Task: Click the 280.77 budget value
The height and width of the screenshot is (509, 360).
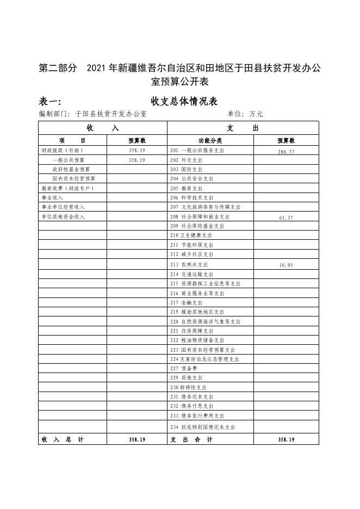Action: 285,152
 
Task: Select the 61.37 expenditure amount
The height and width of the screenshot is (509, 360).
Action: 285,218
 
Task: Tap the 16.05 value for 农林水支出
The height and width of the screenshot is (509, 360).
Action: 285,265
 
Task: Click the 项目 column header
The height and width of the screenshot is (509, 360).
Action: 73,140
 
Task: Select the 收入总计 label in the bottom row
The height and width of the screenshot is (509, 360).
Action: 63,439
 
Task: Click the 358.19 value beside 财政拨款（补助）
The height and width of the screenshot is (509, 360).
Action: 137,150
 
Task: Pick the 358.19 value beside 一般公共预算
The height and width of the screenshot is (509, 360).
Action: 137,160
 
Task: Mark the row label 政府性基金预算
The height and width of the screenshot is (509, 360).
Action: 71,169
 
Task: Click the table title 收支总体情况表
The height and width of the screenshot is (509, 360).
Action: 184,101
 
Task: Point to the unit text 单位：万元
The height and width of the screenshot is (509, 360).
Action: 245,115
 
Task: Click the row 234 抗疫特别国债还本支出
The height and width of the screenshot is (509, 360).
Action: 203,427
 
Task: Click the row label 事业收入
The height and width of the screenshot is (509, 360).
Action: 52,197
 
